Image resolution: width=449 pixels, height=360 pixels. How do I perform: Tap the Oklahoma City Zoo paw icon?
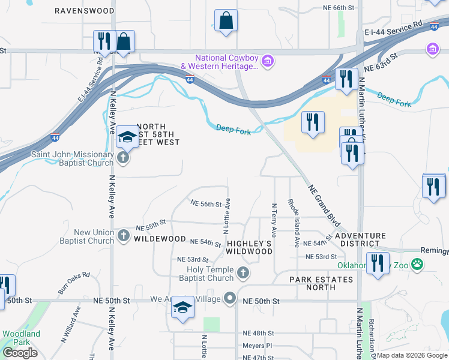(x=417, y=263)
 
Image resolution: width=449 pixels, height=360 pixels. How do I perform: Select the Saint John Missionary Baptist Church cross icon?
(x=124, y=158)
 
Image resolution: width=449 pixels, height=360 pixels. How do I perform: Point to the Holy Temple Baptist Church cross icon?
(x=243, y=274)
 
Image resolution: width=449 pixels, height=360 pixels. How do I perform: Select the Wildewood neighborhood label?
(x=160, y=239)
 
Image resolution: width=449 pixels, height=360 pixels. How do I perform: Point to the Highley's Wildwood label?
(x=250, y=247)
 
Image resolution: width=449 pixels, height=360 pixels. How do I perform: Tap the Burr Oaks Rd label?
(x=74, y=283)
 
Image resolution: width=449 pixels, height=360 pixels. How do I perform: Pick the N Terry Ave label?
(x=274, y=219)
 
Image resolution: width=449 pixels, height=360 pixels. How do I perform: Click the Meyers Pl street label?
(x=258, y=346)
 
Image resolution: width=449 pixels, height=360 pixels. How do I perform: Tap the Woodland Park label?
(x=21, y=338)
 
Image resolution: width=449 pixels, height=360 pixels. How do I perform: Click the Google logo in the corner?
(x=20, y=353)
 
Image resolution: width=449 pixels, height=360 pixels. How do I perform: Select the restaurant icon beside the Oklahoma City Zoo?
(x=378, y=264)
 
